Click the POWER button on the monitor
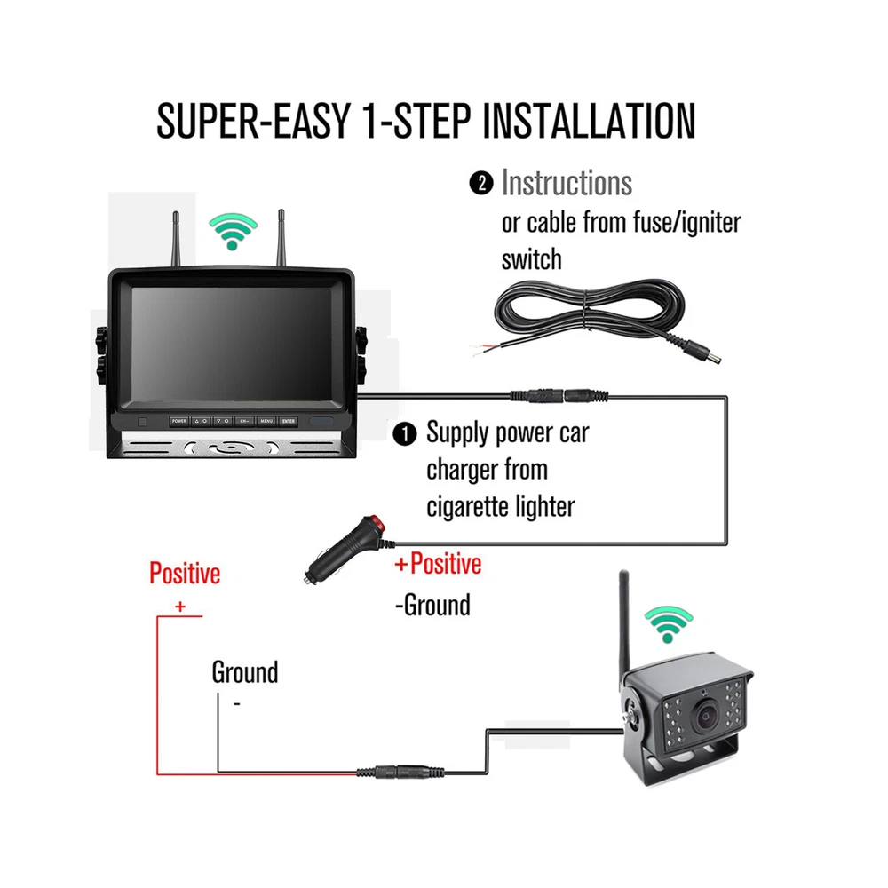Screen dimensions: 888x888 (179, 421)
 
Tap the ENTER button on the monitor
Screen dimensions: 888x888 (288, 421)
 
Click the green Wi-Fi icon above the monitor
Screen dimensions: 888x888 (234, 232)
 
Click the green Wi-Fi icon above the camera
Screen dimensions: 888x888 (669, 624)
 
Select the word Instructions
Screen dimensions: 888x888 (567, 184)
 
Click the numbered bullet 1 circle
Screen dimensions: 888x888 (404, 434)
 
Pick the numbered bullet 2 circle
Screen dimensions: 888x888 (480, 185)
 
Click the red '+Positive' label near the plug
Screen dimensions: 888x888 (438, 564)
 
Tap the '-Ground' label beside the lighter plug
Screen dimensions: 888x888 (432, 606)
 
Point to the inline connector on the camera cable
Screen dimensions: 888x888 (400, 773)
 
